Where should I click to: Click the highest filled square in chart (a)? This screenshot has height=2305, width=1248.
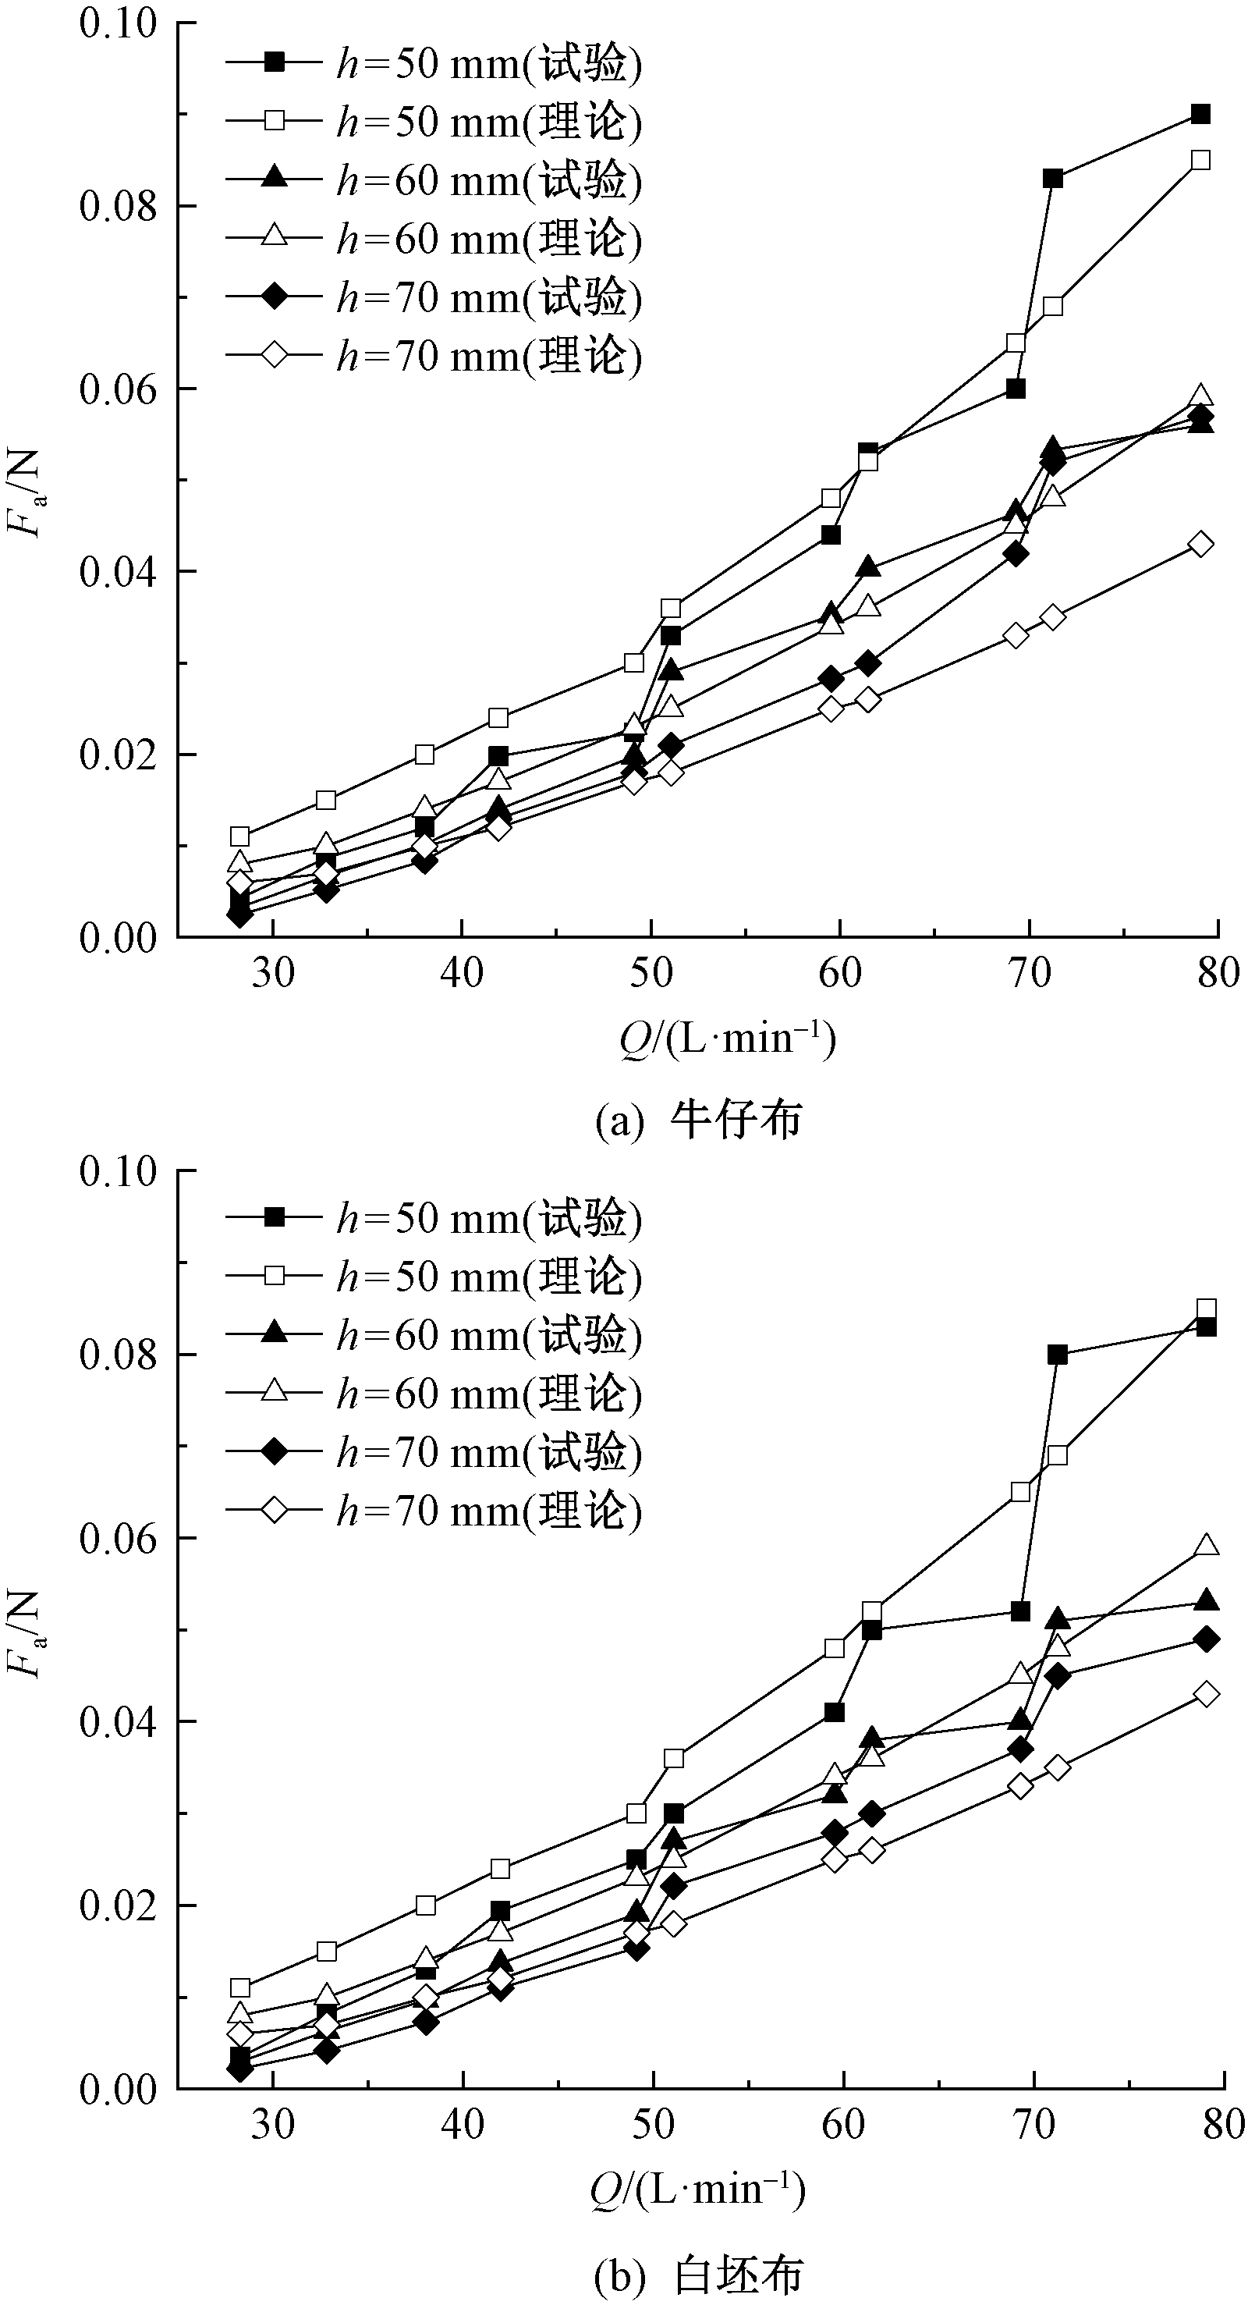pos(1200,115)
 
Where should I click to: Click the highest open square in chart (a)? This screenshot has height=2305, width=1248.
pos(1200,160)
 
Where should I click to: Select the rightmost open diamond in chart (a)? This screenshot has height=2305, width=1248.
pos(1200,544)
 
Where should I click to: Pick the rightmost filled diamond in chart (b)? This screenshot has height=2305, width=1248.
pos(1206,1639)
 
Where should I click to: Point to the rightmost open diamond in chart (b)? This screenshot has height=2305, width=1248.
pos(1206,1694)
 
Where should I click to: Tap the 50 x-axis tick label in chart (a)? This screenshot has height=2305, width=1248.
pos(651,974)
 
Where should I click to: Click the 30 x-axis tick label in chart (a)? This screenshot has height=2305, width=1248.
pos(272,974)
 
